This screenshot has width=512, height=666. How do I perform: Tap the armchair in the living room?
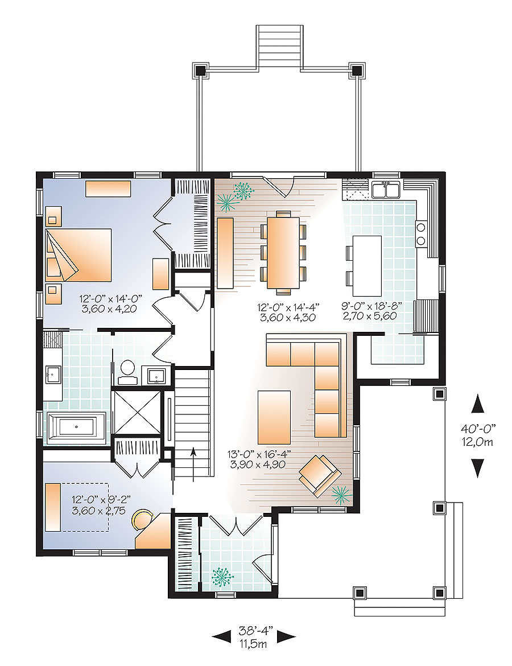pyautogui.click(x=319, y=472)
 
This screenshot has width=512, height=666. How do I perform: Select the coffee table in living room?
pyautogui.click(x=274, y=417)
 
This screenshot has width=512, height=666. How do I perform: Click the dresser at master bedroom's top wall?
pyautogui.click(x=108, y=188)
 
